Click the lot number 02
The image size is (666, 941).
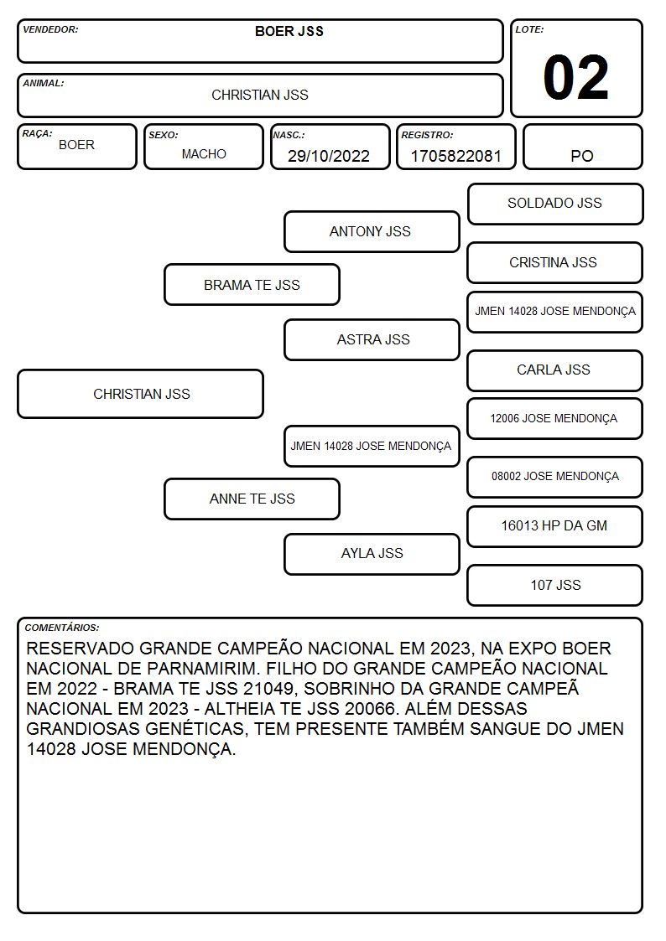(x=576, y=77)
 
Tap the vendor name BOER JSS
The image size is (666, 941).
(x=289, y=31)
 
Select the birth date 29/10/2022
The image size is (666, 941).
(x=329, y=156)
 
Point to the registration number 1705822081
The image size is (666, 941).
(x=455, y=156)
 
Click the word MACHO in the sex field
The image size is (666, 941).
(x=204, y=154)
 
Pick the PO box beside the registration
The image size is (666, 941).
(x=582, y=147)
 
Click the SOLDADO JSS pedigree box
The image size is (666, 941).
(x=555, y=204)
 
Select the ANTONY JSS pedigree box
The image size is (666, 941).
(x=372, y=231)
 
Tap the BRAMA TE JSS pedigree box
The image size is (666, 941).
(x=252, y=284)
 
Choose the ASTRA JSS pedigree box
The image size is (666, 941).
(x=372, y=339)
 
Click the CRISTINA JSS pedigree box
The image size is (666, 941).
(x=555, y=262)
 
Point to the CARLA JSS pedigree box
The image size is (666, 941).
(x=555, y=370)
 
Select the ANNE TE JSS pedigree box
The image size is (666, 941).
(x=252, y=499)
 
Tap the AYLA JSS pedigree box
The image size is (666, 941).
(x=372, y=554)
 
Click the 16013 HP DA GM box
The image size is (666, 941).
(x=555, y=526)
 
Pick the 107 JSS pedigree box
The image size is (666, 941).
(x=555, y=585)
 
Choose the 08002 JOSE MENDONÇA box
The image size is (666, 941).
(x=555, y=477)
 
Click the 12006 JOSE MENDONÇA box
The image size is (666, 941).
(x=555, y=418)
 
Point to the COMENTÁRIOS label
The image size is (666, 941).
(x=62, y=628)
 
